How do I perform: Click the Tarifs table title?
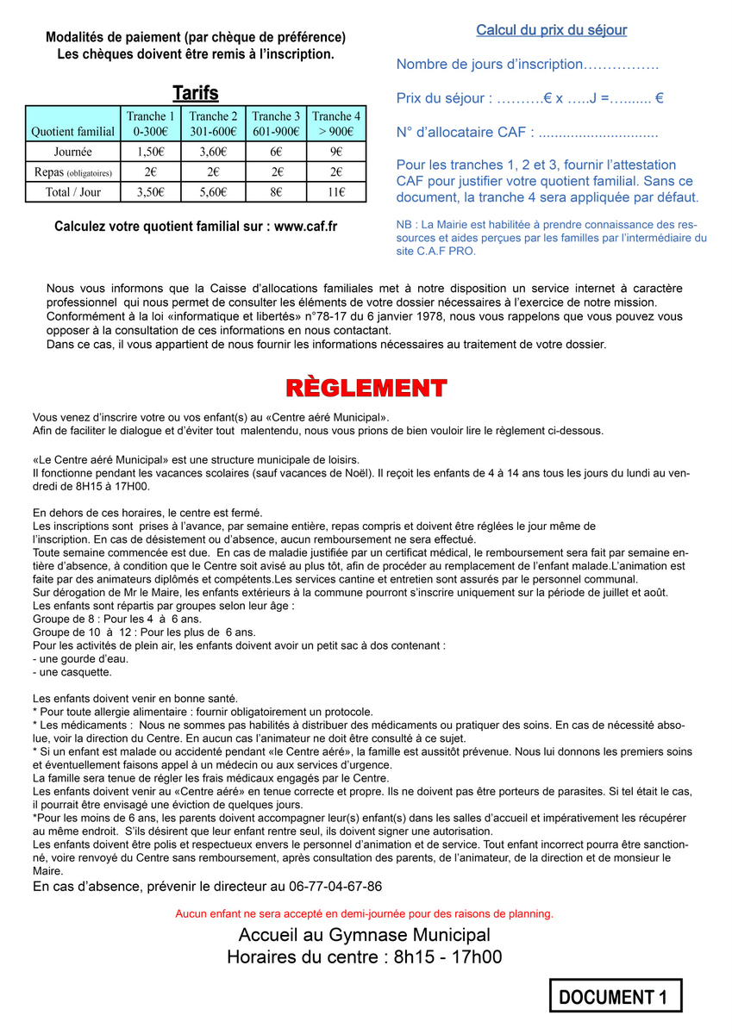tap(196, 93)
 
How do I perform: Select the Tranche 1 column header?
tap(150, 124)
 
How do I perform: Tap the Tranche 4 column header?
tap(336, 124)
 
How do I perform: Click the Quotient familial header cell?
tap(72, 132)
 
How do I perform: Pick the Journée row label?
tap(72, 151)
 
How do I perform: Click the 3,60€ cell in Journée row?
tap(213, 151)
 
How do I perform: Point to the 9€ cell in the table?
tap(336, 151)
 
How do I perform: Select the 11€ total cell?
tap(336, 192)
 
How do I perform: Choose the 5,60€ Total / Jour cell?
tap(213, 192)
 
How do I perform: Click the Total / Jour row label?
tap(72, 192)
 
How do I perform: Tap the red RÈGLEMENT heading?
tap(366, 388)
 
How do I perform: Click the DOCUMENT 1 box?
tap(616, 996)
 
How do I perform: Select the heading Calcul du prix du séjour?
tap(551, 31)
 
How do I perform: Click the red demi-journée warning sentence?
tap(365, 913)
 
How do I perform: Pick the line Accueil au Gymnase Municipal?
tap(365, 935)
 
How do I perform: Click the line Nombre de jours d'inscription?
tap(528, 65)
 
